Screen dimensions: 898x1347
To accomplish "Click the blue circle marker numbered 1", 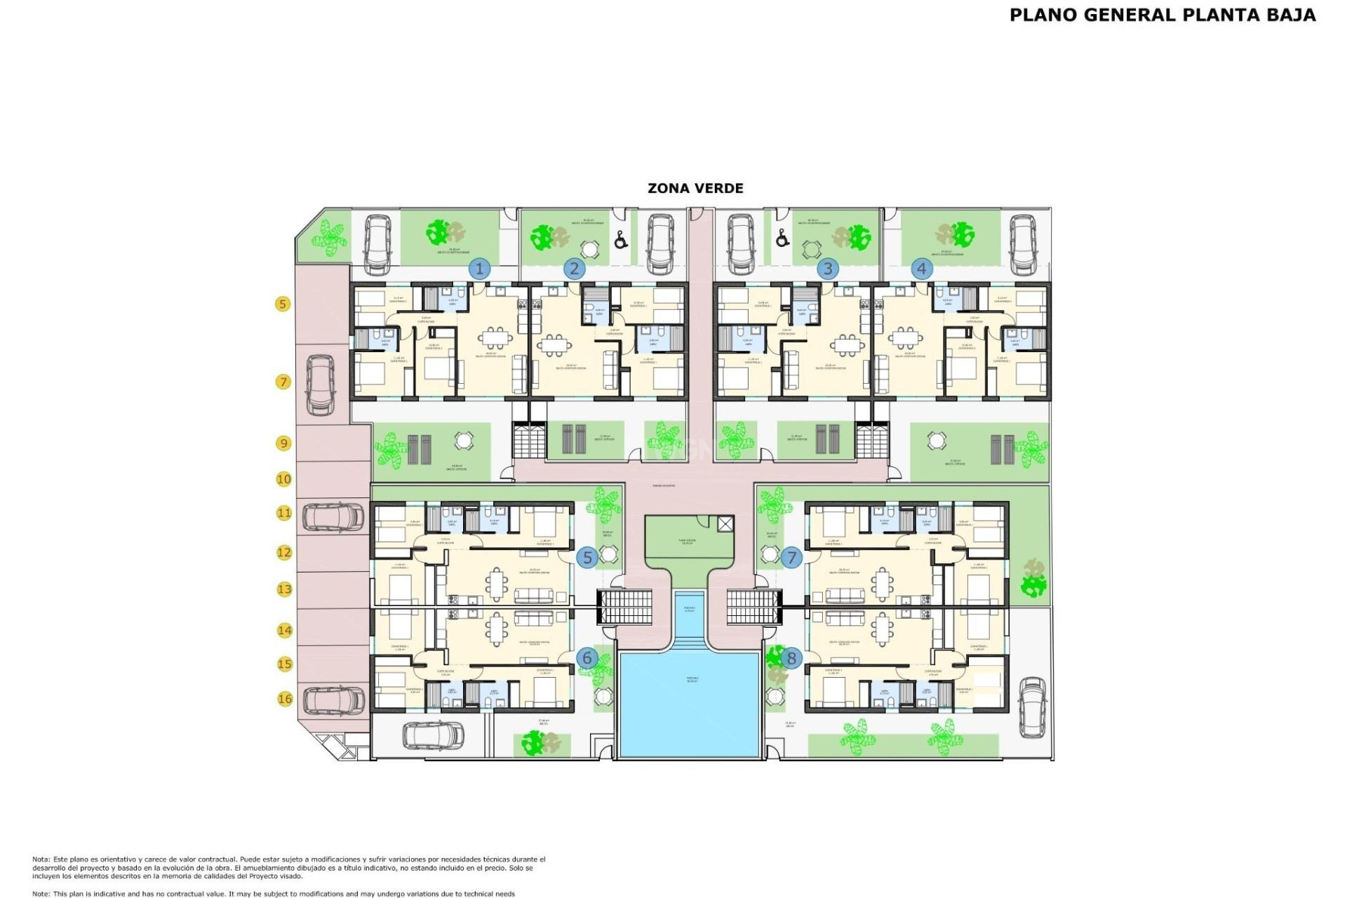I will click(480, 269).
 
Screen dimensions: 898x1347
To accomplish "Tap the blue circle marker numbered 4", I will click(921, 269).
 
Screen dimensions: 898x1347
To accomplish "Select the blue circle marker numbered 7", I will click(791, 558).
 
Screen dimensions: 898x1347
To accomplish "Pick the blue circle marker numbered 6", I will click(587, 658).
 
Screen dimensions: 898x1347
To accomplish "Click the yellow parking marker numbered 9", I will click(283, 443).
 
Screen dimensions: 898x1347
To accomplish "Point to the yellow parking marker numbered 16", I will click(284, 699).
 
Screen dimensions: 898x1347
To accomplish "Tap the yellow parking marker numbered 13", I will click(284, 589).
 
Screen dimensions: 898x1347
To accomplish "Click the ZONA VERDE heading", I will click(695, 188).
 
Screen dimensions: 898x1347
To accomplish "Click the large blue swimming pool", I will click(690, 704).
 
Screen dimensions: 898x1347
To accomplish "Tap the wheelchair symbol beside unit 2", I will click(620, 241).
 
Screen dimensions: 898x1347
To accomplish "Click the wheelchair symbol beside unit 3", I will click(782, 239).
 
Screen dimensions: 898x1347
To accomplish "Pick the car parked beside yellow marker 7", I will click(320, 384).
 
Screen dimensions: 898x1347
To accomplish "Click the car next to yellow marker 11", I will click(333, 518).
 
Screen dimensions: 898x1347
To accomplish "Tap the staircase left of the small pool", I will click(624, 607).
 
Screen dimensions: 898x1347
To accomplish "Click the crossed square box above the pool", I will click(725, 523).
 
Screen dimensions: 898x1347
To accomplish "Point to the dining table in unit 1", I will click(496, 338).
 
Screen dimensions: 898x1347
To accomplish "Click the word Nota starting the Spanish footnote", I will click(41, 859).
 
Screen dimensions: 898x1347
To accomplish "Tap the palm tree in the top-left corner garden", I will click(328, 234).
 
